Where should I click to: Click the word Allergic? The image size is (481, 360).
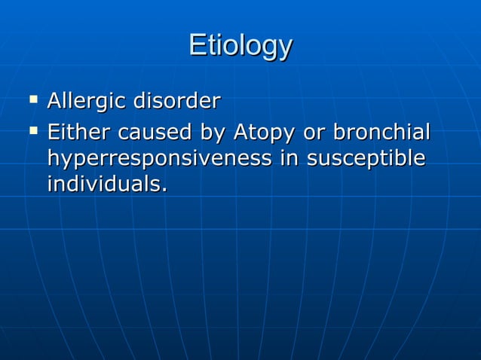pos(87,100)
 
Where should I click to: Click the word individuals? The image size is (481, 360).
pos(103,184)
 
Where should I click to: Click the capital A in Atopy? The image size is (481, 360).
pos(240,133)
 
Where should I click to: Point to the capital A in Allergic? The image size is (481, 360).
pos(55,100)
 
